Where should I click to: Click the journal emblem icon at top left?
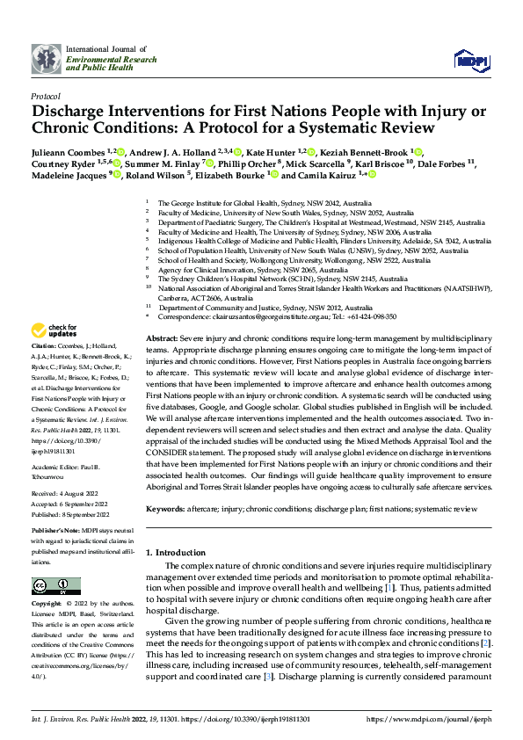(x=47, y=59)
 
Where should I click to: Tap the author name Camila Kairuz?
(x=334, y=175)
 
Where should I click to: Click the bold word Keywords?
(x=165, y=509)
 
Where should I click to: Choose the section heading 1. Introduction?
(x=175, y=552)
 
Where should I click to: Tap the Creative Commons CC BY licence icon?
(x=51, y=586)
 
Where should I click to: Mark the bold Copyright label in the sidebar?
(x=47, y=606)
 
